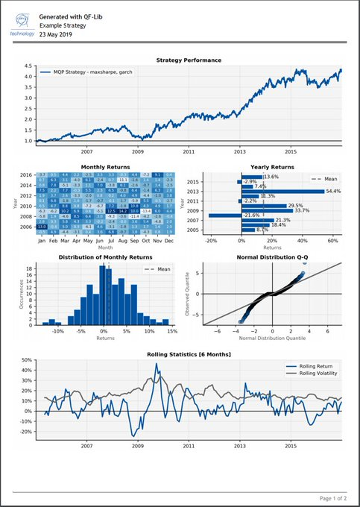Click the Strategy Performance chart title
(x=189, y=60)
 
